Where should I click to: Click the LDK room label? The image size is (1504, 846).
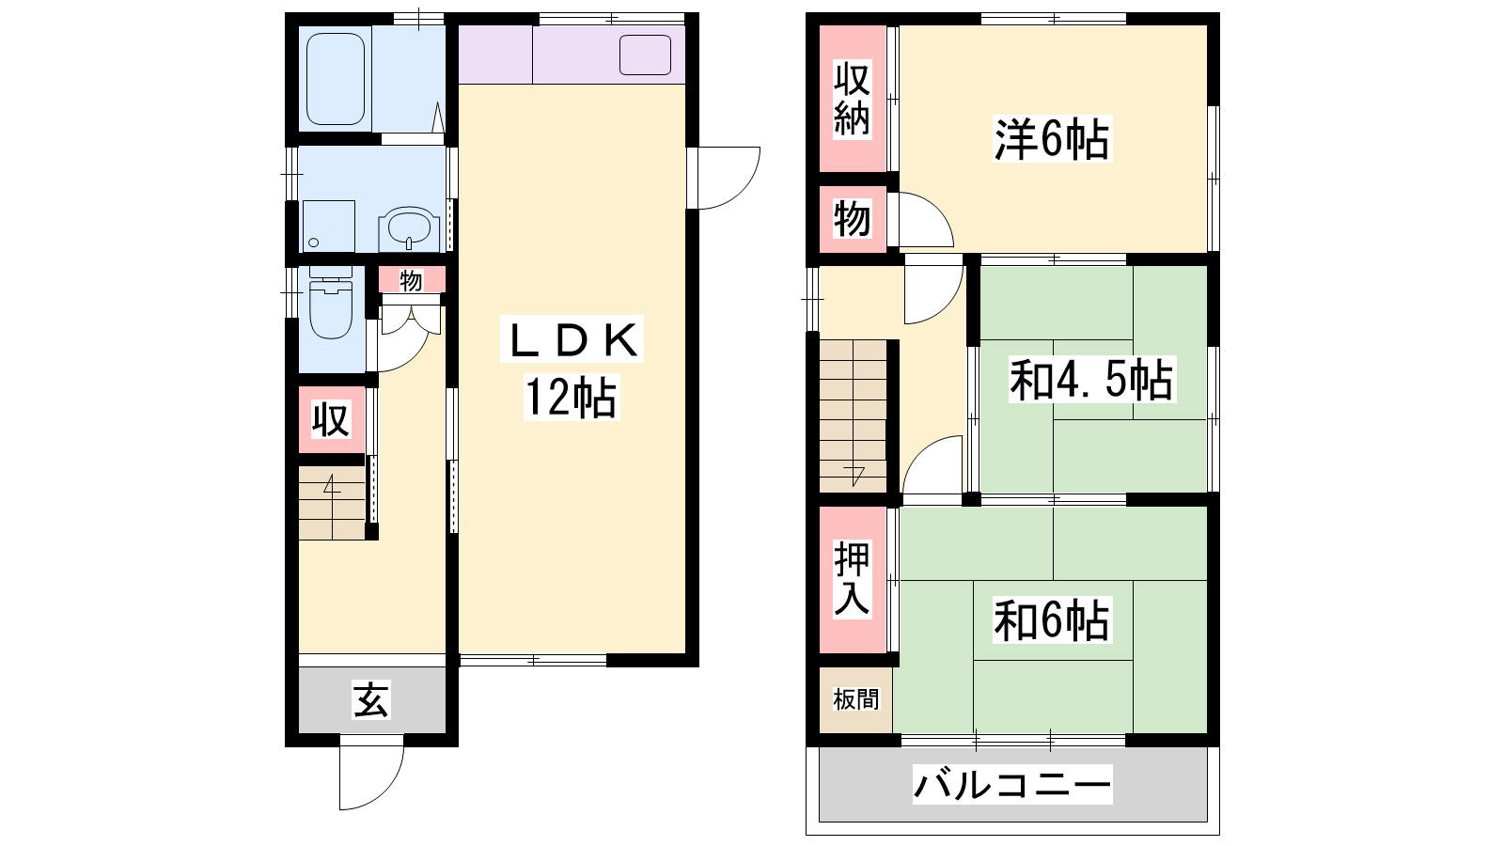(572, 339)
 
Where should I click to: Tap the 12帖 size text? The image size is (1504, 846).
(571, 398)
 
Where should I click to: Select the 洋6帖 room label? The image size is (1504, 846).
(1052, 139)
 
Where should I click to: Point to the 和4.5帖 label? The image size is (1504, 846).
(1091, 380)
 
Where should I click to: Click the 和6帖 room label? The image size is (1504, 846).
(1052, 619)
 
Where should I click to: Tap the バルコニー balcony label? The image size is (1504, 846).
(1011, 784)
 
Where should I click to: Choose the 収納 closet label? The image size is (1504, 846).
(852, 99)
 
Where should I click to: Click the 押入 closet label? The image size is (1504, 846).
(852, 579)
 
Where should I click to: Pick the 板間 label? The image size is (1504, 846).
(856, 699)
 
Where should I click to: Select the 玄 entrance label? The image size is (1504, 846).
(371, 699)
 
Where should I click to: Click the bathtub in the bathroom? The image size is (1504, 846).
(335, 79)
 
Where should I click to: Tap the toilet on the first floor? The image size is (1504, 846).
(330, 305)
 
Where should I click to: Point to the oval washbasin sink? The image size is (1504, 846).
(408, 226)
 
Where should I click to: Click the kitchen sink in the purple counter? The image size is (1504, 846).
(645, 55)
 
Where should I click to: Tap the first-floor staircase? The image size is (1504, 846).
(332, 503)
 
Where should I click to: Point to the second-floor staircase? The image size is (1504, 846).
(853, 416)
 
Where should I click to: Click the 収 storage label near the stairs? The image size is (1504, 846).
(331, 420)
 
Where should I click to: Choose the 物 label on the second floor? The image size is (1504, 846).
(852, 219)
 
